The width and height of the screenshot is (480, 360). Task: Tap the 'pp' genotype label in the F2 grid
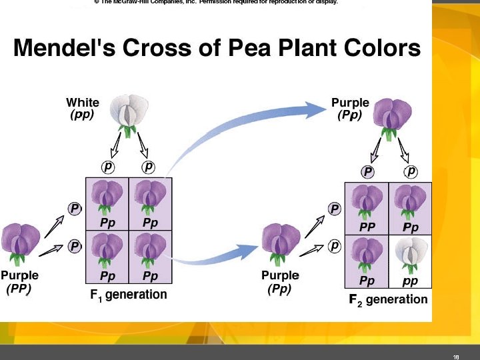pyautogui.click(x=411, y=281)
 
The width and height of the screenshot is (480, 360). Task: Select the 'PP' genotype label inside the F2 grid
pyautogui.click(x=367, y=227)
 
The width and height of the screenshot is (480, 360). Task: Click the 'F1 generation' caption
pyautogui.click(x=129, y=294)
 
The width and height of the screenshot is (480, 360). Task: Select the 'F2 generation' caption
pyautogui.click(x=389, y=299)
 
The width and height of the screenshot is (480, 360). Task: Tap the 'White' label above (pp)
pyautogui.click(x=83, y=103)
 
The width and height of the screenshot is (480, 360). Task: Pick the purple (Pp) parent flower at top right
pyautogui.click(x=391, y=114)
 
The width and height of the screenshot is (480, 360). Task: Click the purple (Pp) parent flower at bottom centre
pyautogui.click(x=281, y=243)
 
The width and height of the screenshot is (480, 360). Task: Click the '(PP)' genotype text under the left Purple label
pyautogui.click(x=19, y=289)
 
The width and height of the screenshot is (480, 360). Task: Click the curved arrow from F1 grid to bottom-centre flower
pyautogui.click(x=213, y=257)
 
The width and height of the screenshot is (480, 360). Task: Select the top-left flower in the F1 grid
pyautogui.click(x=106, y=197)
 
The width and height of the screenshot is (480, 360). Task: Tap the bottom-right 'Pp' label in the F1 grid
pyautogui.click(x=150, y=275)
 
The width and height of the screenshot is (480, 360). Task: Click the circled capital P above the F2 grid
pyautogui.click(x=367, y=171)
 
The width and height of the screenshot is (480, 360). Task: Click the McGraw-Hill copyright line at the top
pyautogui.click(x=216, y=3)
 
